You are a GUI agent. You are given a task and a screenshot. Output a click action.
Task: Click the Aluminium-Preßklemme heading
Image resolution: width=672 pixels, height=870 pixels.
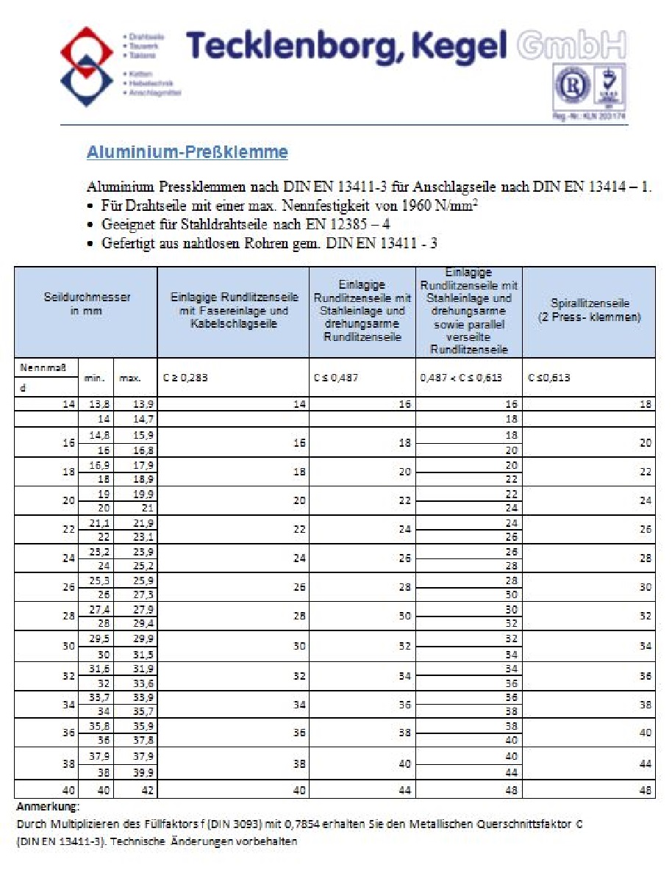click(187, 153)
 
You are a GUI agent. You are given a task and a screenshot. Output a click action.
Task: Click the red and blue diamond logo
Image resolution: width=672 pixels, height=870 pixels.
click(87, 67)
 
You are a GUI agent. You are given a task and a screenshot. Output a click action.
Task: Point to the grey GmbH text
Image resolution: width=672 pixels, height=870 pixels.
click(572, 46)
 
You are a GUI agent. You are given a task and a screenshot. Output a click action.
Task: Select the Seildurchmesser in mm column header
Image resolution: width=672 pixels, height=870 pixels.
click(87, 304)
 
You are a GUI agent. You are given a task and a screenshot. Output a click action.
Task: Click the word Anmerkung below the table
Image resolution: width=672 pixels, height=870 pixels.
click(42, 806)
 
